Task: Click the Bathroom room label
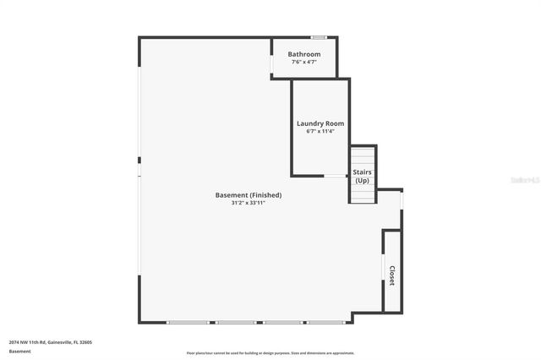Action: (x=303, y=54)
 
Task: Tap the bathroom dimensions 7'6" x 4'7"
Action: (x=303, y=62)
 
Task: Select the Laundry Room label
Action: (x=320, y=123)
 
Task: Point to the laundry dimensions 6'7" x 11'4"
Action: (x=320, y=131)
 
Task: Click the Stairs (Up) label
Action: (x=362, y=176)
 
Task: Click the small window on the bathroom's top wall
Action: (x=319, y=37)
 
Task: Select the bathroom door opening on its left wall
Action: (x=271, y=58)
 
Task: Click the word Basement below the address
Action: (x=20, y=351)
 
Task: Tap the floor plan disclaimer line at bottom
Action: (x=270, y=353)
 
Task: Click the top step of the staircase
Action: (x=363, y=150)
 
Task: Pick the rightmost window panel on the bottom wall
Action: (x=325, y=323)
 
